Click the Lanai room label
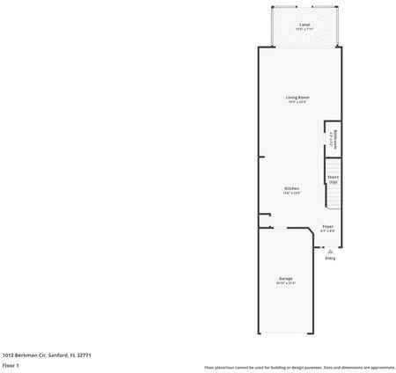(x=304, y=25)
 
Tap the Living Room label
(x=297, y=97)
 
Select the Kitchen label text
(x=291, y=188)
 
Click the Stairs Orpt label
(x=334, y=179)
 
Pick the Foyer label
(x=327, y=226)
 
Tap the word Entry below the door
(x=330, y=259)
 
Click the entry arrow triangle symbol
(x=330, y=250)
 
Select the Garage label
(x=286, y=279)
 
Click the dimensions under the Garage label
(x=286, y=283)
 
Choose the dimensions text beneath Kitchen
(x=291, y=193)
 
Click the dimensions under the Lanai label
(x=304, y=29)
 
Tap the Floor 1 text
(x=11, y=364)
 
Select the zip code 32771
(x=84, y=355)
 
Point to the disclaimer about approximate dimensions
(x=299, y=367)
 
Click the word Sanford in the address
(x=58, y=355)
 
